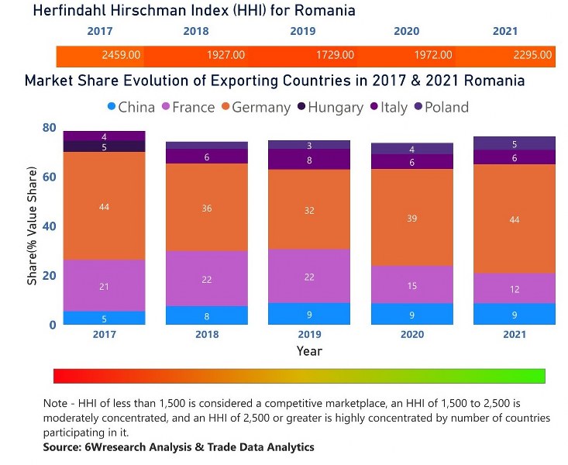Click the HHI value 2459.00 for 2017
tap(121, 55)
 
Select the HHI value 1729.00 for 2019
tap(335, 55)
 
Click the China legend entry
tap(129, 107)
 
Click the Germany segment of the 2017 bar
tap(104, 206)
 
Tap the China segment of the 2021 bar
tap(513, 314)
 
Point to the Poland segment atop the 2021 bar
tap(513, 143)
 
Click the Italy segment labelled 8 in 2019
tap(308, 160)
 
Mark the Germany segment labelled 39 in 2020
tap(411, 218)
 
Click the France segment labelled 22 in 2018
tap(206, 278)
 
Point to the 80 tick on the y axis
tap(49, 127)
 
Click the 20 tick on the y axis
tap(49, 276)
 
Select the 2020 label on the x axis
tap(411, 335)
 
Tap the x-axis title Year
tap(308, 351)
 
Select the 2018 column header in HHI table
tap(195, 31)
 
